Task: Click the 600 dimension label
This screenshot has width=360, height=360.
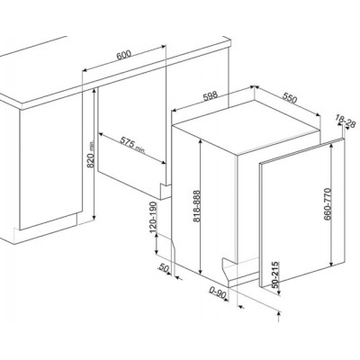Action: (124, 55)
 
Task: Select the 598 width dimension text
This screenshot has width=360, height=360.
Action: (211, 96)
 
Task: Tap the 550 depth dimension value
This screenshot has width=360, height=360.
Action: (289, 97)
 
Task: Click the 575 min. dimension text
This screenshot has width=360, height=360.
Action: (132, 145)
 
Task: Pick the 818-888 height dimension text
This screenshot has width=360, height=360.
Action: (196, 206)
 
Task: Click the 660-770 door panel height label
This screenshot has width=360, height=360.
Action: (327, 204)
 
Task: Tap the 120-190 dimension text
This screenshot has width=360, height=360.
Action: (153, 217)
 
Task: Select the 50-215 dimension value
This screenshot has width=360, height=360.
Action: (275, 274)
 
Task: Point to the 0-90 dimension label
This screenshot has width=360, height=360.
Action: (218, 292)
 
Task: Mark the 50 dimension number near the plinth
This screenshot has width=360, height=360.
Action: (165, 267)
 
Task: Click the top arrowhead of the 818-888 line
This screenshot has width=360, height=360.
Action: (200, 141)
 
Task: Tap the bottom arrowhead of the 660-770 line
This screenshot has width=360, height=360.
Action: (331, 263)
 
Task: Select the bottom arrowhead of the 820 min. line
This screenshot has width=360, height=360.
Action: (94, 217)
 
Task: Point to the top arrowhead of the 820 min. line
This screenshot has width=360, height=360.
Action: (94, 92)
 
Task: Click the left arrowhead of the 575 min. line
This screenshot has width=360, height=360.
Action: (101, 134)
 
